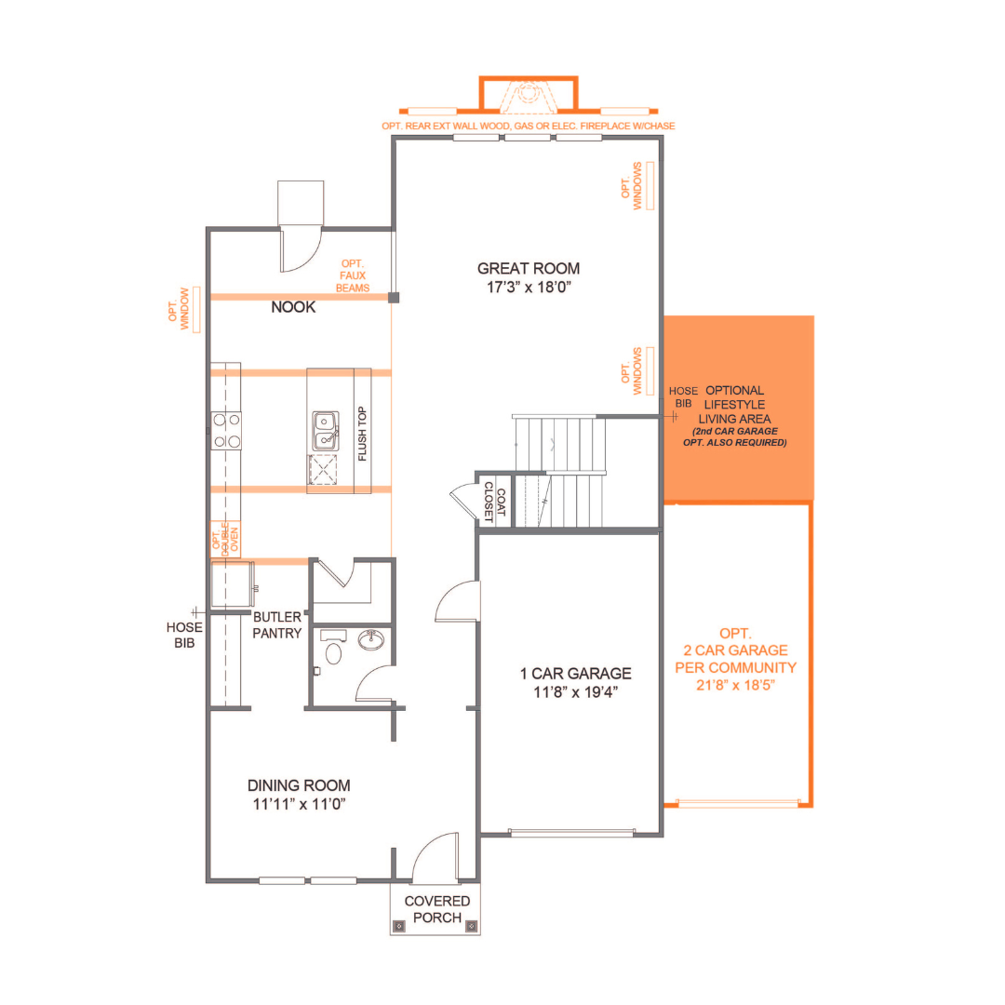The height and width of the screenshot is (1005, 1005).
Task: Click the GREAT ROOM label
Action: tap(529, 268)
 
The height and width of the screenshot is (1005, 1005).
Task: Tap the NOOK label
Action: tap(293, 307)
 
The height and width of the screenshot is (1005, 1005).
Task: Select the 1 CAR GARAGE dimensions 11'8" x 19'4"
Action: tap(575, 692)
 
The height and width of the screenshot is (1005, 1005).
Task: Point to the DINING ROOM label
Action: tap(299, 785)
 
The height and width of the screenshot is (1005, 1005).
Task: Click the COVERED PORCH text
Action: tap(436, 909)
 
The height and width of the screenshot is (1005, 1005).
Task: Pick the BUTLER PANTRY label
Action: tap(277, 625)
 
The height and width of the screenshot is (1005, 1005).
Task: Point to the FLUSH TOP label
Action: tap(362, 435)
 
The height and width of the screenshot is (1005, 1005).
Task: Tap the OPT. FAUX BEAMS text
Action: tap(353, 275)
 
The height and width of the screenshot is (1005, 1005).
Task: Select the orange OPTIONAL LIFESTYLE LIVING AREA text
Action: tap(734, 405)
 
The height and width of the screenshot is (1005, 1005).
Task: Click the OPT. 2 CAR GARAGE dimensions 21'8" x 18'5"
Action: tap(735, 685)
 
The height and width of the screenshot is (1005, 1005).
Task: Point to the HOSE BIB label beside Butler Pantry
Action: tap(185, 635)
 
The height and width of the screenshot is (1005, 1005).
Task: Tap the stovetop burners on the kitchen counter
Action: tap(227, 430)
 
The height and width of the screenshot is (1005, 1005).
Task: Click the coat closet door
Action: tap(462, 502)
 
